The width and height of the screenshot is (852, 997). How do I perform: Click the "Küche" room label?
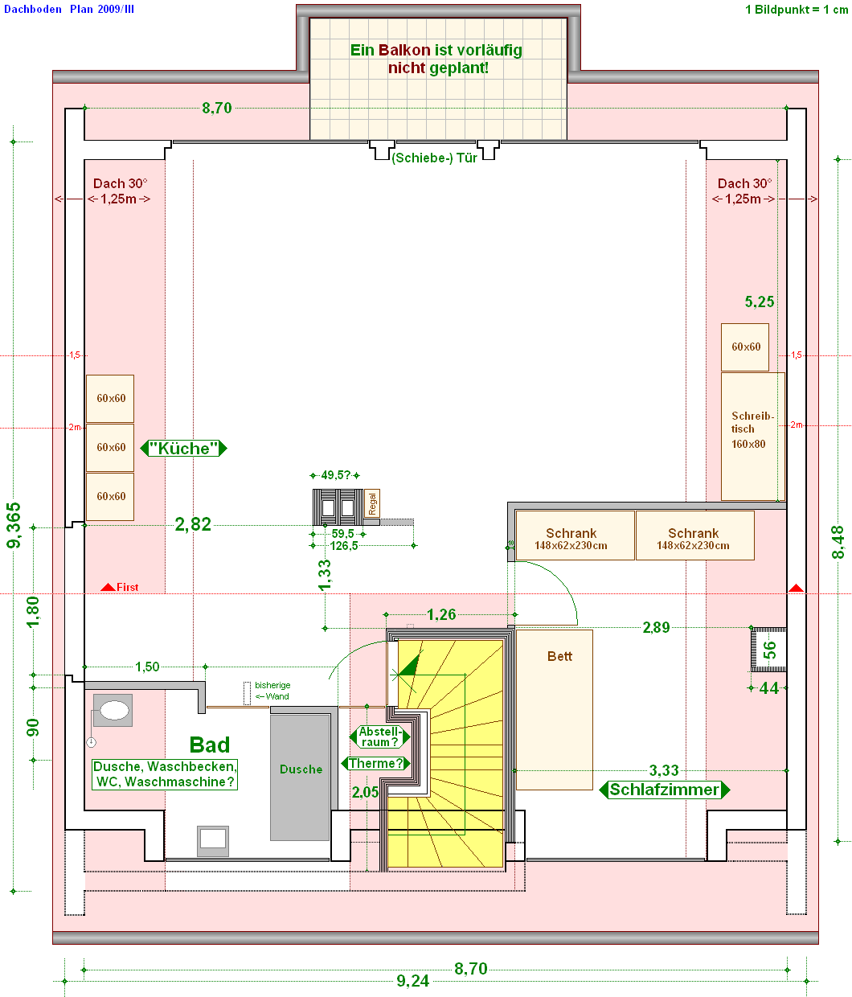(x=183, y=449)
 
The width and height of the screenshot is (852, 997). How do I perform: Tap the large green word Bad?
(x=210, y=745)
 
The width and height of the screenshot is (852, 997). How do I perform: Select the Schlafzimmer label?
(x=664, y=790)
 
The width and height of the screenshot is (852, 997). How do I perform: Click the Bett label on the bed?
(x=559, y=656)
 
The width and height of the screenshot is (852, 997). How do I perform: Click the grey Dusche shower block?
(x=300, y=776)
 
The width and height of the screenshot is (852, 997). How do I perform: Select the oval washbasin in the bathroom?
(x=113, y=710)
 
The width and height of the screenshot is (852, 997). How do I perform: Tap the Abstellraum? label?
(x=379, y=736)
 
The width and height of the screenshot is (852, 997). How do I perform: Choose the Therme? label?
(x=375, y=763)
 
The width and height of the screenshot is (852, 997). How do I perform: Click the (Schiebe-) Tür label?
(x=434, y=158)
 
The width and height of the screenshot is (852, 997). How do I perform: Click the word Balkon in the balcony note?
(x=404, y=50)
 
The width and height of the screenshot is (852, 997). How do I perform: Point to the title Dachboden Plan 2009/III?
(x=69, y=9)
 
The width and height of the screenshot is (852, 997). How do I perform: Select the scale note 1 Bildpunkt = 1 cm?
(x=796, y=10)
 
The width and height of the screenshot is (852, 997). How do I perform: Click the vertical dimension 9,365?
(x=14, y=526)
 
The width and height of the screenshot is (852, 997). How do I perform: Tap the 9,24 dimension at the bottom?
(x=412, y=981)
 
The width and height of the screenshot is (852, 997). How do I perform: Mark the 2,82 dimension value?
(x=193, y=525)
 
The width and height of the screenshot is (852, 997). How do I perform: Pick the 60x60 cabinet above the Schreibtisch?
(x=745, y=347)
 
